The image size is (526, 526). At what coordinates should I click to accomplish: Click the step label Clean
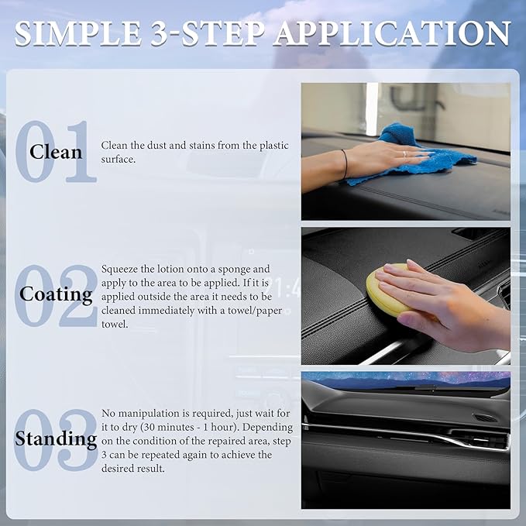coord(56,151)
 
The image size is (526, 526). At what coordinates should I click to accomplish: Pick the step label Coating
coord(56,294)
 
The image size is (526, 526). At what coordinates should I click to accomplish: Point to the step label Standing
coord(56,438)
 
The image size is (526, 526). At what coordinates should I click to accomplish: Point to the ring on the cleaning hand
coord(404,153)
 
